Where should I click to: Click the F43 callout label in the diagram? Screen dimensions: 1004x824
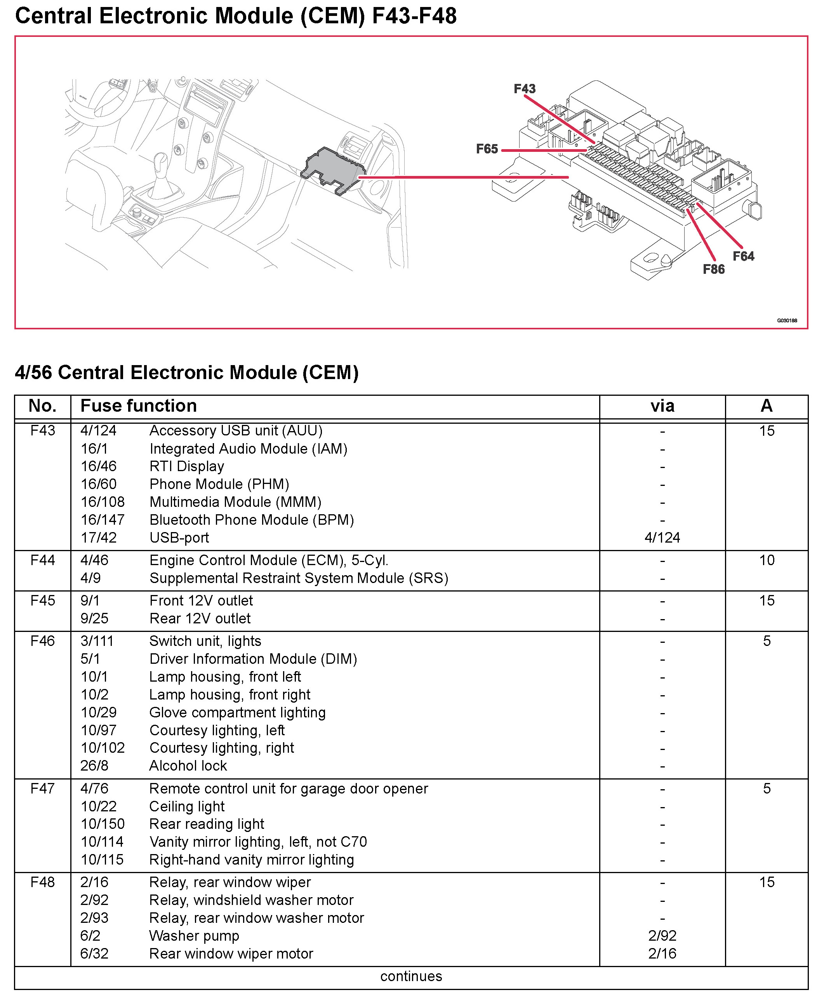(x=525, y=89)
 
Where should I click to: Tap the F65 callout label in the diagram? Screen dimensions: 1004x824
(x=487, y=149)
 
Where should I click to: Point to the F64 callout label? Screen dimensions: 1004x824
(x=743, y=256)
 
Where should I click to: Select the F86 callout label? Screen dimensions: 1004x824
(x=713, y=269)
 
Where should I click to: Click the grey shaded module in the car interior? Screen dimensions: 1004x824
(x=332, y=169)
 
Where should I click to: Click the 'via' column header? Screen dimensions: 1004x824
(x=662, y=406)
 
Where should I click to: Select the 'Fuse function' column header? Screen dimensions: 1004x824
(x=139, y=406)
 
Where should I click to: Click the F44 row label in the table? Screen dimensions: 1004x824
(x=43, y=560)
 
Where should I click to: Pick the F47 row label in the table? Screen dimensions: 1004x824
(x=43, y=788)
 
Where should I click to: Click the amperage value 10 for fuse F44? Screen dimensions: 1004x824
(x=767, y=560)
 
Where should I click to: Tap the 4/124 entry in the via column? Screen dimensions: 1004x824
(x=662, y=538)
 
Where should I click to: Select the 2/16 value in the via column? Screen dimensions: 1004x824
(x=662, y=954)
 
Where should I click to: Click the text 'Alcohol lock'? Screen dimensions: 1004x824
(x=188, y=766)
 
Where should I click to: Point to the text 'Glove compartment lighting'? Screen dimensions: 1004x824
(x=237, y=713)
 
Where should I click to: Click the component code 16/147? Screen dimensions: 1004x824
(x=103, y=520)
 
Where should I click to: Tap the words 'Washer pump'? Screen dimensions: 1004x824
(x=194, y=936)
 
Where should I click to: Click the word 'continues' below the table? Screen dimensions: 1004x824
(x=411, y=976)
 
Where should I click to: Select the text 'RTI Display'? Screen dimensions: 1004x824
(x=186, y=466)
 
